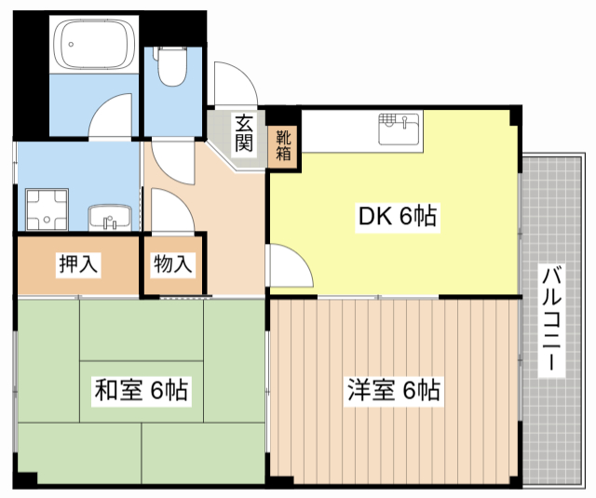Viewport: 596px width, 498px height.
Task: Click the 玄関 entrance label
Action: point(244,132)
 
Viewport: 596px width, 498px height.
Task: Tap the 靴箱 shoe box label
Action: point(283,144)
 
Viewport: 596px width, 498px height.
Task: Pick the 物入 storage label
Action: point(173,264)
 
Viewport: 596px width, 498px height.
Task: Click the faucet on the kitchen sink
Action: point(406,119)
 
